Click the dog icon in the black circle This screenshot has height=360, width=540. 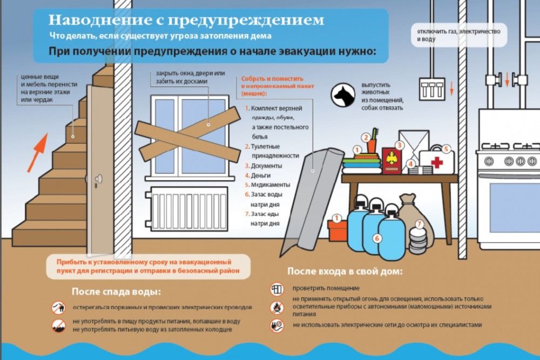(x=343, y=94)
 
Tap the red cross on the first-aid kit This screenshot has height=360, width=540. (x=437, y=162)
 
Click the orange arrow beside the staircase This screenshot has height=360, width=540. (x=37, y=152)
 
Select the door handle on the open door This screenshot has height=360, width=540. (x=99, y=179)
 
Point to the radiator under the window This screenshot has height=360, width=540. (x=186, y=208)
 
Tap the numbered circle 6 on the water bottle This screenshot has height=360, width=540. (x=377, y=238)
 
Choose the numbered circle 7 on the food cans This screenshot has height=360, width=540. (x=420, y=225)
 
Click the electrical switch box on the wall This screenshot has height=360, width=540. (x=432, y=89)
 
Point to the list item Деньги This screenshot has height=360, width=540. (x=258, y=175)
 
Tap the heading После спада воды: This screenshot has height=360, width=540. (x=116, y=292)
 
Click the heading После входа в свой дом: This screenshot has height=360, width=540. (x=345, y=271)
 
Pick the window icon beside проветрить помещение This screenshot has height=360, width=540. (x=276, y=289)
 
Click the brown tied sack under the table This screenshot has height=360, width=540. (x=415, y=217)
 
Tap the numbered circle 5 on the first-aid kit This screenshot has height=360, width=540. (x=446, y=149)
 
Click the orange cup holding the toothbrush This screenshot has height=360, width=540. (x=372, y=146)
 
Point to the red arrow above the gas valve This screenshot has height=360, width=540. (x=507, y=79)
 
